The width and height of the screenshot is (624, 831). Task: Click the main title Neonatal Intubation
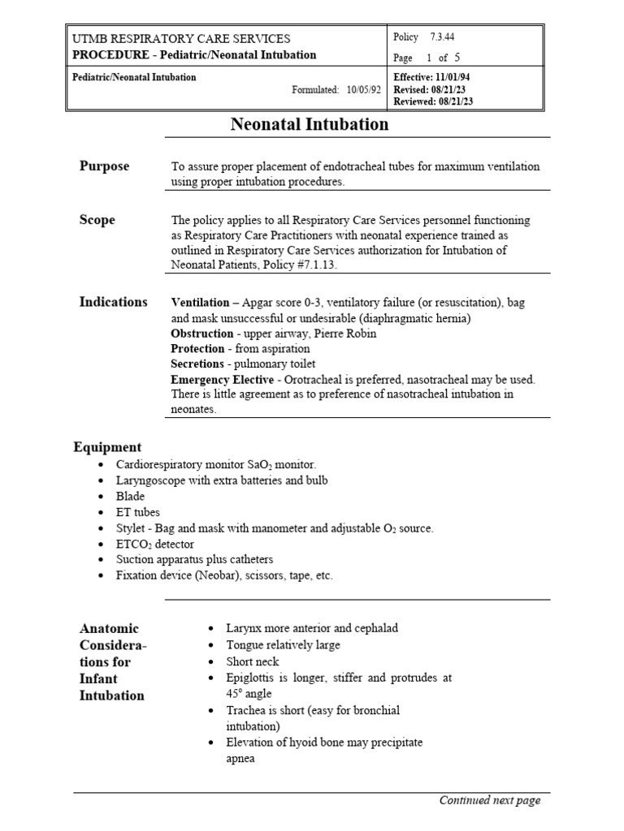(x=310, y=124)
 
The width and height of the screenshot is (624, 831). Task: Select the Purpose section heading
(x=104, y=166)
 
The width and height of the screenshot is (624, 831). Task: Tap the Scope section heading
(x=97, y=220)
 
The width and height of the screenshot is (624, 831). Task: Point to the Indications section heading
(x=113, y=302)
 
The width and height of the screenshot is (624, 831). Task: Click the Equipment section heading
(x=107, y=447)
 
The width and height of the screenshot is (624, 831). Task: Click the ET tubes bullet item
(x=138, y=512)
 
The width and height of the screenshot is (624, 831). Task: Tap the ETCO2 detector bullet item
(x=155, y=544)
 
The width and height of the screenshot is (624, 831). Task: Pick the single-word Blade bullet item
(x=130, y=496)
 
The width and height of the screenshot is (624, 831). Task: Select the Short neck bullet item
(x=252, y=661)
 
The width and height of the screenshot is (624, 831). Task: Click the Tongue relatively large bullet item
(x=284, y=644)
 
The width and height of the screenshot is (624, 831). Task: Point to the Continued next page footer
(x=489, y=800)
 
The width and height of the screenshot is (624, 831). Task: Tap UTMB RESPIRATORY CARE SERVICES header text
(x=181, y=39)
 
